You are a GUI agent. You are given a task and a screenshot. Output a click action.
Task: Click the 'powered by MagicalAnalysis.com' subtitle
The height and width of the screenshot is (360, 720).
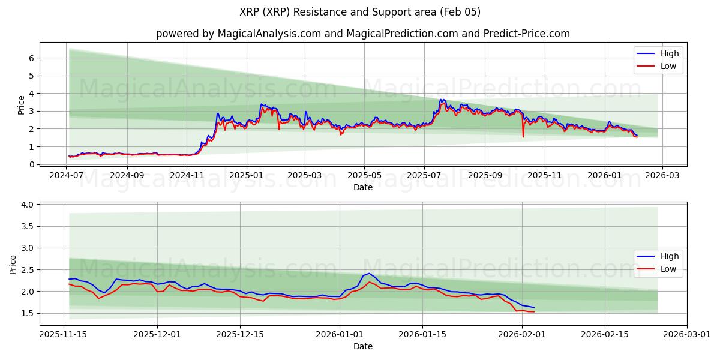[x=362, y=34]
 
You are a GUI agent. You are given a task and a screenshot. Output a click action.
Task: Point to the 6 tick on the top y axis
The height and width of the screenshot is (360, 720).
[x=31, y=58]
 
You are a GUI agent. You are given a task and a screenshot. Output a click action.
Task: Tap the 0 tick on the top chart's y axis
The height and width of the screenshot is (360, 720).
[x=31, y=164]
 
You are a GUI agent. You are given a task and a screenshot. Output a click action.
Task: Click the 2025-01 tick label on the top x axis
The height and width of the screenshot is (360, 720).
[x=246, y=176]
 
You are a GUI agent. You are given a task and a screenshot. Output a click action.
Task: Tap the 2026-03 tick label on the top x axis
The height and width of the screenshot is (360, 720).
[x=662, y=176]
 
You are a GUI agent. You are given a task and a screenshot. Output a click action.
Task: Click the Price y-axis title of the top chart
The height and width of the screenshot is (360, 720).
[x=22, y=105]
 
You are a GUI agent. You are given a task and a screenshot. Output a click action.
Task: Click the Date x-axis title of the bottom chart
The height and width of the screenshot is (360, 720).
[x=362, y=346]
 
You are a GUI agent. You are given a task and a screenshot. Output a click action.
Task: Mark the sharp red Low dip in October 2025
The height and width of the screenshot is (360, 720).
[x=523, y=136]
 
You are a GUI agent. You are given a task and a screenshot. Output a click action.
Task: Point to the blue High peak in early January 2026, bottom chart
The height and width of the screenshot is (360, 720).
[x=369, y=273]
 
